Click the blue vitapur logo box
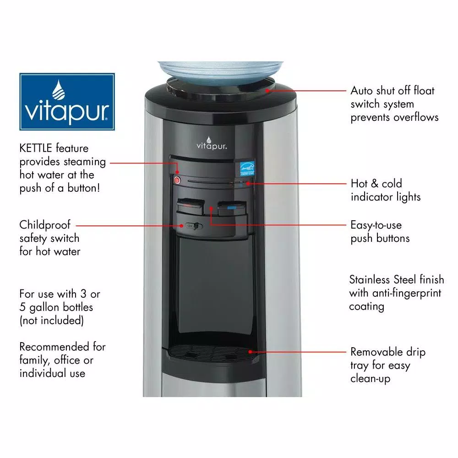pos(67,102)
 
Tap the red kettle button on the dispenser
pos(178,180)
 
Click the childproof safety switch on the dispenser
pos(191,225)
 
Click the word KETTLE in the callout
pos(36,148)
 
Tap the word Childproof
pos(45,225)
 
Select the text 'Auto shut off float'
pos(393,91)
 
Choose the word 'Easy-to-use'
pos(376,225)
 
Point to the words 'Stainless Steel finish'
pos(396,279)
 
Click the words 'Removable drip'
pos(387,352)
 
